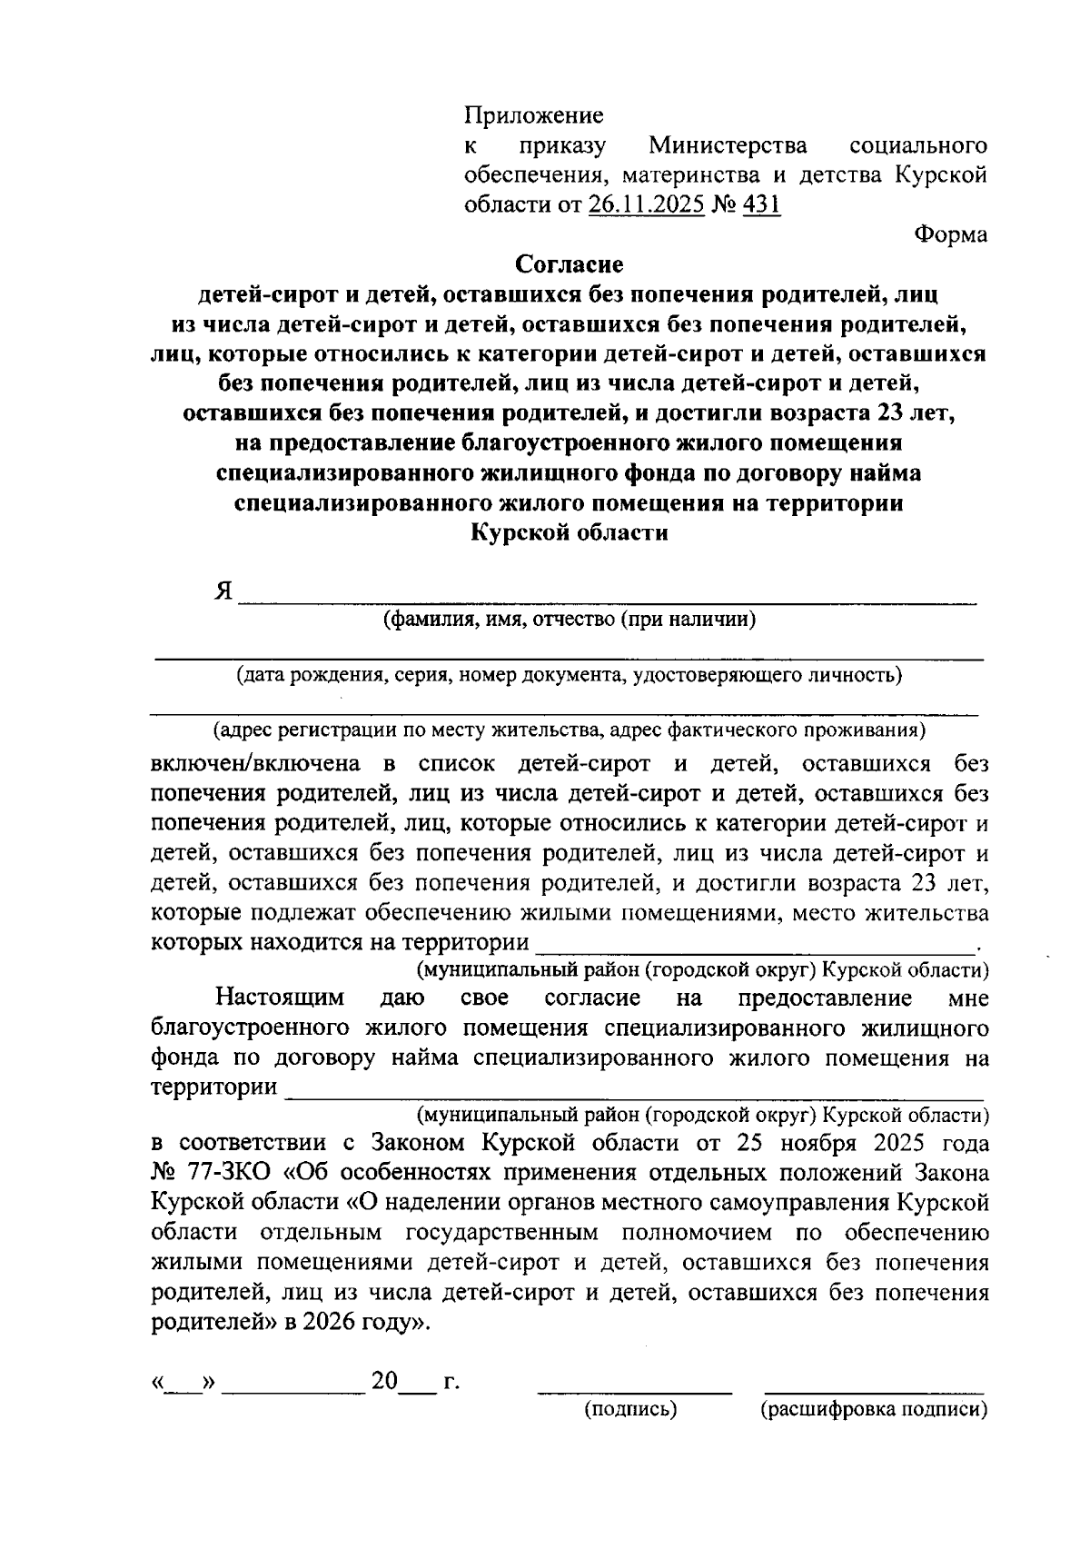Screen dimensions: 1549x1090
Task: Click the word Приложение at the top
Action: [533, 115]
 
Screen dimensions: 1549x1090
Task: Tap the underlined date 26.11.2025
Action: [647, 204]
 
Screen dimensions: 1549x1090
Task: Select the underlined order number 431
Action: [761, 204]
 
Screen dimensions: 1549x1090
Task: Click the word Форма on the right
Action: [950, 234]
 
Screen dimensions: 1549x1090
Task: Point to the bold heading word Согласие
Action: [570, 264]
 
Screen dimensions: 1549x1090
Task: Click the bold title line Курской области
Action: [570, 532]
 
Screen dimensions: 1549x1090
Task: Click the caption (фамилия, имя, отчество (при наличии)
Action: [570, 621]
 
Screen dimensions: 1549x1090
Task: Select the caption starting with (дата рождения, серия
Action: [570, 675]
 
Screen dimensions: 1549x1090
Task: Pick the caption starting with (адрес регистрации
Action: [570, 730]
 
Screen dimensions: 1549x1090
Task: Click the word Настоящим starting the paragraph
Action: [280, 998]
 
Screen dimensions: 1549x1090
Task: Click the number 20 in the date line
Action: [384, 1382]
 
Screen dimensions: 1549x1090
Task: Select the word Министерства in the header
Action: [728, 145]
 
